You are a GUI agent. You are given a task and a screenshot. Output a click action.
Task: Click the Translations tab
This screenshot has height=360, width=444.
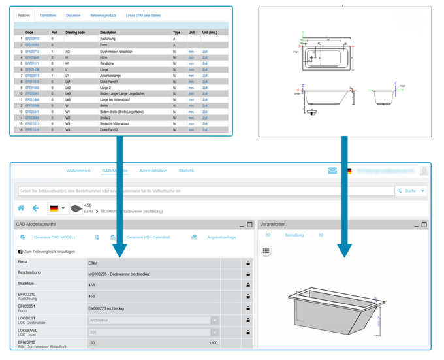(48, 15)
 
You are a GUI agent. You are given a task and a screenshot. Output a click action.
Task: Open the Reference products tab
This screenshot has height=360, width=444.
(103, 15)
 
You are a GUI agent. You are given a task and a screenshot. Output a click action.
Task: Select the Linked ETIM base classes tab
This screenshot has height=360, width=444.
(143, 15)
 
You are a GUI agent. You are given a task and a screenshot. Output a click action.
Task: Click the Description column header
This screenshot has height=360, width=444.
(108, 32)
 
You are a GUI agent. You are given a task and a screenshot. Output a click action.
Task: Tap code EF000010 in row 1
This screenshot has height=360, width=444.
(32, 39)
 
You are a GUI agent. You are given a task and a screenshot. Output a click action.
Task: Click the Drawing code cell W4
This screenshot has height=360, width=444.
(67, 129)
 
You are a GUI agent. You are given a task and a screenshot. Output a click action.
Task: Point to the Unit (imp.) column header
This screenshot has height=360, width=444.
(210, 32)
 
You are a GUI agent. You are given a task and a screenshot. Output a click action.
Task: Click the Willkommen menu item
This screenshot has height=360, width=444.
(78, 171)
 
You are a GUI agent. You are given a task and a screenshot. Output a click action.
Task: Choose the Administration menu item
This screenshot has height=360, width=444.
(153, 171)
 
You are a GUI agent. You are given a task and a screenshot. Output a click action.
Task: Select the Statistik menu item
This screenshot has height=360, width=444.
(186, 171)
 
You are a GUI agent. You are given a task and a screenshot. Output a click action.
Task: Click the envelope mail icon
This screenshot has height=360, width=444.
(332, 171)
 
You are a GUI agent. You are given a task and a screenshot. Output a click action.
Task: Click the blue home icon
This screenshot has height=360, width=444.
(21, 208)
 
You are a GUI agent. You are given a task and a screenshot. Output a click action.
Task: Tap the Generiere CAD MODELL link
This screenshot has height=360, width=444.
(55, 237)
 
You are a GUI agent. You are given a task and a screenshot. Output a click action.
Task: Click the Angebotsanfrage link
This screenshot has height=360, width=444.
(221, 237)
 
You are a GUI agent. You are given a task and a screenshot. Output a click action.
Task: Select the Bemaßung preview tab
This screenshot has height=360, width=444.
(294, 235)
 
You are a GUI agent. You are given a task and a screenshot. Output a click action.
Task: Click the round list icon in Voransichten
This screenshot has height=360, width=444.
(266, 250)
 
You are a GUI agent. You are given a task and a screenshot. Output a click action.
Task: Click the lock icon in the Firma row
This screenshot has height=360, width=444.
(248, 263)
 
